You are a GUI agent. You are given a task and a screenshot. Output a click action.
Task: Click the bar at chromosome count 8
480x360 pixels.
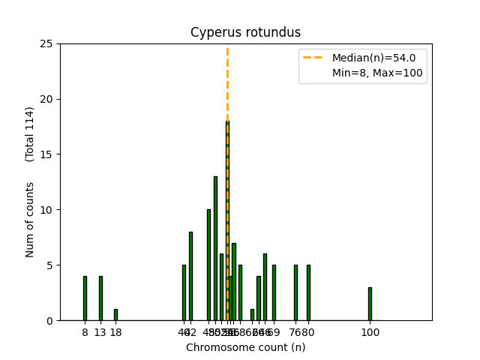click(x=85, y=298)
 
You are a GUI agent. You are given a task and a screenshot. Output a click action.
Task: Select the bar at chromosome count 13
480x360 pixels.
click(x=100, y=298)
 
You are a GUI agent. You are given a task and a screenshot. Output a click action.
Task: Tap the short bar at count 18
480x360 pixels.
click(x=115, y=315)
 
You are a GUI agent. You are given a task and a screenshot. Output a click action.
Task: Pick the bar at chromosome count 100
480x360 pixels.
click(x=370, y=304)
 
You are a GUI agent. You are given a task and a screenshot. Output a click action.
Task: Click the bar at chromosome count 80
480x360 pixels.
click(x=308, y=292)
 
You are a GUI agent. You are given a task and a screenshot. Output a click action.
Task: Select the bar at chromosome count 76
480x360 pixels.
click(x=295, y=292)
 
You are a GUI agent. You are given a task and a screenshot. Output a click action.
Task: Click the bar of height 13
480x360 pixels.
click(x=215, y=248)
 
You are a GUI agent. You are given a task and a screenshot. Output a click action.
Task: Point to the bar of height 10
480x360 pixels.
click(x=209, y=265)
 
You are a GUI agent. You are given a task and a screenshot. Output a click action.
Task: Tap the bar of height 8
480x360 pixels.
click(x=190, y=276)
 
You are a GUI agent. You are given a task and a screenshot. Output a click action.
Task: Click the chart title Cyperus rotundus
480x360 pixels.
click(x=245, y=32)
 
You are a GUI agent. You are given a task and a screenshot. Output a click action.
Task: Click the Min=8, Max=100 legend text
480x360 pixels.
click(x=377, y=73)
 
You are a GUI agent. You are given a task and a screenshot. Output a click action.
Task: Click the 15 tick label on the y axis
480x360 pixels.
click(x=46, y=154)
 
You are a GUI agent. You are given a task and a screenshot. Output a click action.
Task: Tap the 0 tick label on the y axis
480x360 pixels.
click(x=49, y=320)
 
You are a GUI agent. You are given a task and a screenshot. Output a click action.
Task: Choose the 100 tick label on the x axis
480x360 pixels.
click(x=370, y=332)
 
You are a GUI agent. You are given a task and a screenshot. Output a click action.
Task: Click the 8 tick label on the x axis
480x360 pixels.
click(x=85, y=332)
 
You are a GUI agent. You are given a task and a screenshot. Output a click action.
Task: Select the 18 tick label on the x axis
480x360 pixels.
click(x=115, y=332)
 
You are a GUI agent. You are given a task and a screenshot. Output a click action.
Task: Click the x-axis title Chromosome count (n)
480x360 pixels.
click(x=245, y=347)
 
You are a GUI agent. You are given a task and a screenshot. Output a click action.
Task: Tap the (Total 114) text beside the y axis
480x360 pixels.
click(x=30, y=133)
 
